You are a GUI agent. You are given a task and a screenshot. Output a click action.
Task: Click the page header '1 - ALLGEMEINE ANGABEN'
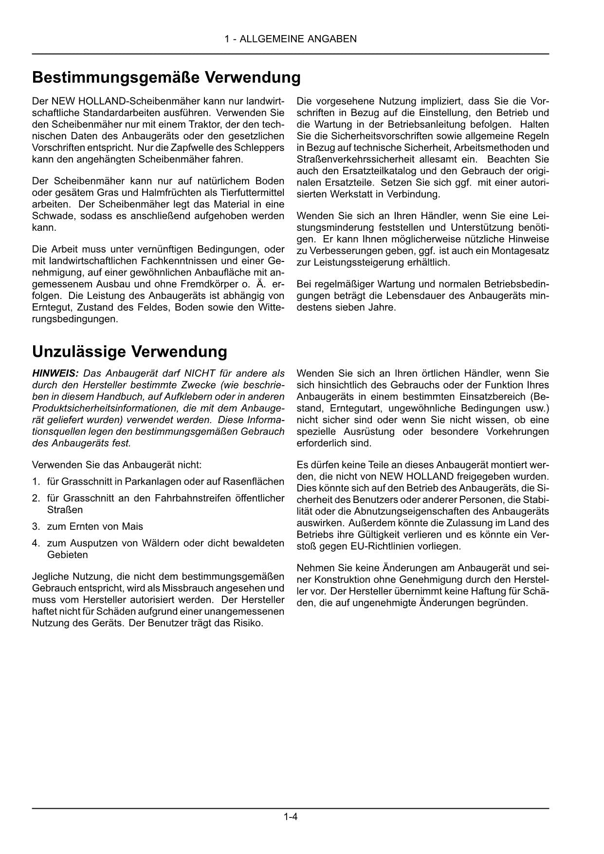[x=291, y=39]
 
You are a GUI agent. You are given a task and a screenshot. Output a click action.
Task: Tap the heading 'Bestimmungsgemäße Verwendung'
[x=166, y=77]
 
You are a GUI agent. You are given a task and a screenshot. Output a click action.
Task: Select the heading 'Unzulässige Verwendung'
[x=129, y=352]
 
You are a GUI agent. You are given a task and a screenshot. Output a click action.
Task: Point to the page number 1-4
[x=291, y=817]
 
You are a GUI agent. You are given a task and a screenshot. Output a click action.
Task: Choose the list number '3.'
[x=36, y=526]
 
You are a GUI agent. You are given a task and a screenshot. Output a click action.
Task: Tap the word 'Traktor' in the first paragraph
[x=189, y=124]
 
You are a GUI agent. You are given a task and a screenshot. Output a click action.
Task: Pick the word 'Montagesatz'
[x=523, y=251]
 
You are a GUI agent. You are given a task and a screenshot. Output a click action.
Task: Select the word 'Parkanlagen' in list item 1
[x=149, y=482]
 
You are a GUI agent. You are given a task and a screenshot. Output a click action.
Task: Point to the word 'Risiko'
[x=248, y=623]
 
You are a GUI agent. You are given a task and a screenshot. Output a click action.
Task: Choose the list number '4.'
[x=36, y=543]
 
